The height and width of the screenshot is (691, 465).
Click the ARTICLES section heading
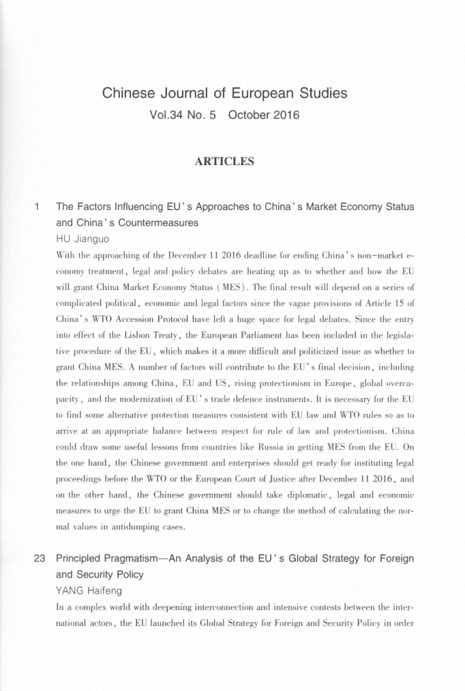tap(224, 162)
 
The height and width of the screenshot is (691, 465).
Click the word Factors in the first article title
tap(98, 205)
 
